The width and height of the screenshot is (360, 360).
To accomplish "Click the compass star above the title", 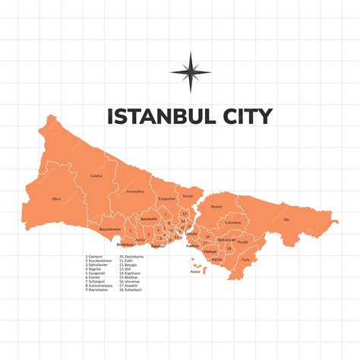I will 191,72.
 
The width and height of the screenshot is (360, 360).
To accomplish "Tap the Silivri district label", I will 55,198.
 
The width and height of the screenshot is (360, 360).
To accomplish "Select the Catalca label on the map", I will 96,175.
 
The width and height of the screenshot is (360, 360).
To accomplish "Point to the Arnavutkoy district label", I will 135,191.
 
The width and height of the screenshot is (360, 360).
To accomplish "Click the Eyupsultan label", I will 166,198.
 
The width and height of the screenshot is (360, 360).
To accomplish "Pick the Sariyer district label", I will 188,196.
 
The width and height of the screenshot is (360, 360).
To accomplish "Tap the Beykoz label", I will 216,206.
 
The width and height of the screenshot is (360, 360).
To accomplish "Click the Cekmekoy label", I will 232,223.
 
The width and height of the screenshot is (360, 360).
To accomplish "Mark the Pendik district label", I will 243,242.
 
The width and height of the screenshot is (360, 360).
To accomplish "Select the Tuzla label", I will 245,260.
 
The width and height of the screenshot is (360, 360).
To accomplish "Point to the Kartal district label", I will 216,259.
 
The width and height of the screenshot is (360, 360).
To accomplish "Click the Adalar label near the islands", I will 195,271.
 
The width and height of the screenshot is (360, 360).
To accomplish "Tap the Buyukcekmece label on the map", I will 111,228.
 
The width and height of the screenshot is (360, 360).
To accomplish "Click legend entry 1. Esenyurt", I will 98,257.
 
